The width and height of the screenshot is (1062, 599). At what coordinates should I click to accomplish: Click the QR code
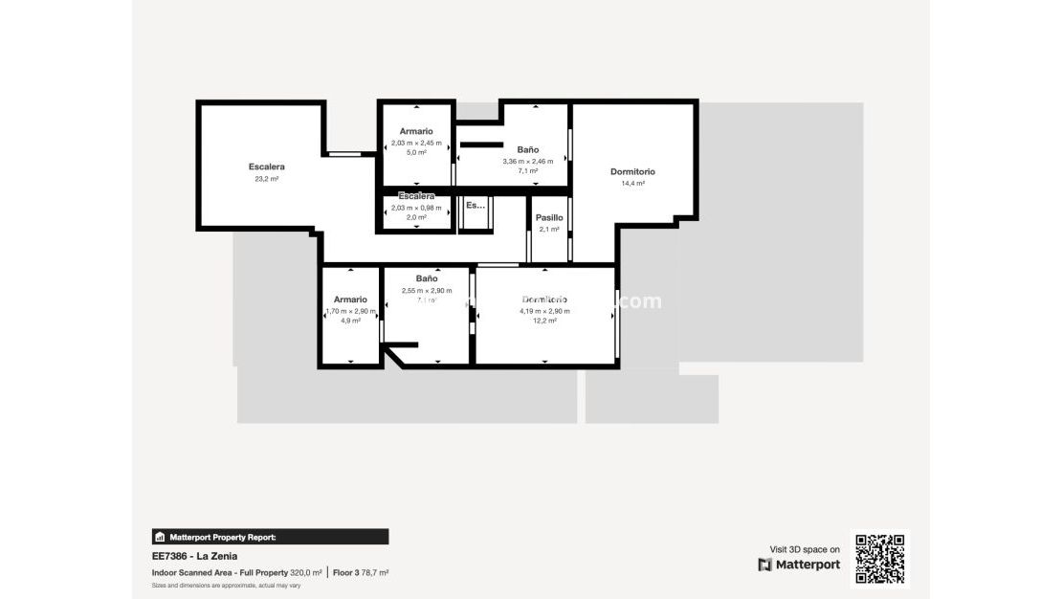(x=879, y=559)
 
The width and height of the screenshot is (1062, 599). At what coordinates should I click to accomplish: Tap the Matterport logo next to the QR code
(x=799, y=565)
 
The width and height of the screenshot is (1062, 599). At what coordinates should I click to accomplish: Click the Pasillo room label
(x=549, y=217)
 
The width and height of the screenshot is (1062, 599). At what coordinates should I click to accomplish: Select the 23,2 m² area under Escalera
(x=266, y=179)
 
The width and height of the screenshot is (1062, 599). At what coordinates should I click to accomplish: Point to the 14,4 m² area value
(x=632, y=184)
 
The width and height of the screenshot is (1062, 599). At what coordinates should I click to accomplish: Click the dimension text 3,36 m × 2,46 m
(x=528, y=161)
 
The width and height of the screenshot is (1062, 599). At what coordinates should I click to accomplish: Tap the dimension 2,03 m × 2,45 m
(x=416, y=143)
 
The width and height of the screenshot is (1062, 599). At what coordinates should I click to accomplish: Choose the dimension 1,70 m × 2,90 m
(x=350, y=311)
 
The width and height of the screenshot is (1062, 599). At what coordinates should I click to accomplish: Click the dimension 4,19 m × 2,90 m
(x=544, y=311)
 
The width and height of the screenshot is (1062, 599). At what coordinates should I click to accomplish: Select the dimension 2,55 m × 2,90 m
(x=427, y=290)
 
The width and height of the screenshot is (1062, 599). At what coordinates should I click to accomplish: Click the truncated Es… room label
(x=475, y=205)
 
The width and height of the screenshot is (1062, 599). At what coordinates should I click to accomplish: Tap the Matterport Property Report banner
(x=271, y=537)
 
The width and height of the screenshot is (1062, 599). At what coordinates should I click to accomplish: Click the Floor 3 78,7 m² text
(x=361, y=572)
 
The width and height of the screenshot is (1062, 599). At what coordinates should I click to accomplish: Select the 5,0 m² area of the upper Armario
(x=416, y=152)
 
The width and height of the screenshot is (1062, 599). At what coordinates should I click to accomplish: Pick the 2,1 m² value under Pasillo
(x=549, y=229)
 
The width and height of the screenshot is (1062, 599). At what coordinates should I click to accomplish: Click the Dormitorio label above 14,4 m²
(x=632, y=172)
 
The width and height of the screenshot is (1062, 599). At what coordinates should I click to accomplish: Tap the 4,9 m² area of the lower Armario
(x=350, y=321)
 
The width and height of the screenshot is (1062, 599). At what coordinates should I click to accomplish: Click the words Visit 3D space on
(x=805, y=549)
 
